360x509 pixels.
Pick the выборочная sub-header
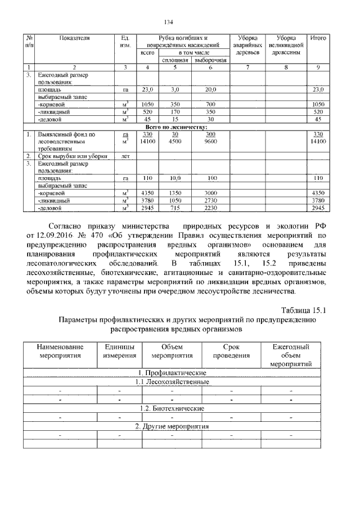[210, 60]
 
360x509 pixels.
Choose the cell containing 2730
[210, 200]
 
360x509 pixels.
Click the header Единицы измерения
[119, 352]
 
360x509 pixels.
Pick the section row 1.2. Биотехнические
[172, 408]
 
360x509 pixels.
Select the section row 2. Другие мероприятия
[172, 426]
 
